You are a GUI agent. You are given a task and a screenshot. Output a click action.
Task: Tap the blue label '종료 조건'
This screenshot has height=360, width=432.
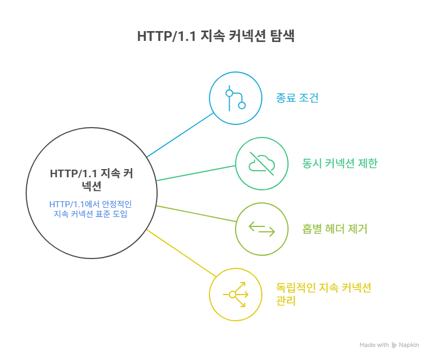click(x=297, y=99)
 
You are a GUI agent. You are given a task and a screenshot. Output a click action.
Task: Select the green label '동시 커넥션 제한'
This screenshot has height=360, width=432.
click(x=339, y=164)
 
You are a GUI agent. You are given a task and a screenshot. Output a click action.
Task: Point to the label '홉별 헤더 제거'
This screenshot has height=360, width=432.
click(x=335, y=229)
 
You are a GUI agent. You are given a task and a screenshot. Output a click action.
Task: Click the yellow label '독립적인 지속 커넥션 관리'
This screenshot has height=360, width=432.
click(x=324, y=294)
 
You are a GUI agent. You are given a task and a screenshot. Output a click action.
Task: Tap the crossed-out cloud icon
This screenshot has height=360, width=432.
click(x=262, y=164)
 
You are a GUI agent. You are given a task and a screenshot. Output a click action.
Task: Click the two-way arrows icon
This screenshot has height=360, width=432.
click(x=262, y=229)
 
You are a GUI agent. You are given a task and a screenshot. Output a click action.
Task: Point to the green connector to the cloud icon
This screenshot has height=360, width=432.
click(x=196, y=172)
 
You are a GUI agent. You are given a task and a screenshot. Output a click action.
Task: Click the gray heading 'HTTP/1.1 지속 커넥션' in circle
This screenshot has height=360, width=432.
click(x=91, y=179)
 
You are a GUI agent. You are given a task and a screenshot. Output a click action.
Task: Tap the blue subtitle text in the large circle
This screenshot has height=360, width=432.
click(x=91, y=209)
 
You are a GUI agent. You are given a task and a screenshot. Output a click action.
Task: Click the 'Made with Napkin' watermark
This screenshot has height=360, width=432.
click(x=389, y=345)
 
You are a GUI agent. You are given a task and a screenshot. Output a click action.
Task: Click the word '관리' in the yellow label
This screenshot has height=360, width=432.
click(x=286, y=301)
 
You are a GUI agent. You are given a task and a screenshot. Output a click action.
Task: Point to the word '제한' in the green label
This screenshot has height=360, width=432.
click(x=366, y=164)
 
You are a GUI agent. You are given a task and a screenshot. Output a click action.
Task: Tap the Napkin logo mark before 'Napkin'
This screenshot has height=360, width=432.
click(x=394, y=345)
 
